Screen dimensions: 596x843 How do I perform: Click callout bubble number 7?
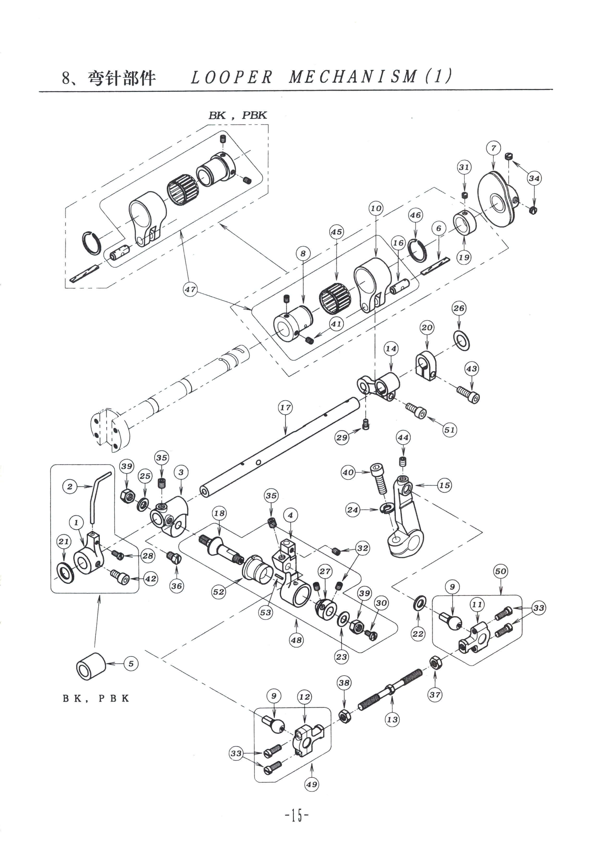pos(493,148)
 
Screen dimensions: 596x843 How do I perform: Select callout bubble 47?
pos(190,289)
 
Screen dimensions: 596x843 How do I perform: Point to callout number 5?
pos(131,663)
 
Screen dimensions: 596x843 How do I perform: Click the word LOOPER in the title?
pos(232,77)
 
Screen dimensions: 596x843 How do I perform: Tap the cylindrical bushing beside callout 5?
pos(91,666)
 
